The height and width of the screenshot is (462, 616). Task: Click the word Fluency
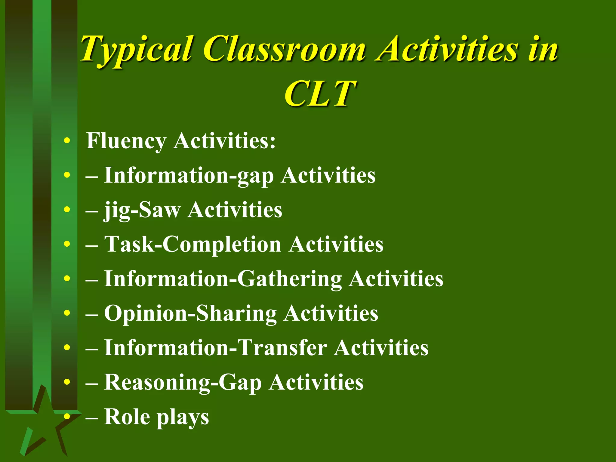pos(126,141)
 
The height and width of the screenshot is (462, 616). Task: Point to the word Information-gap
pos(189,175)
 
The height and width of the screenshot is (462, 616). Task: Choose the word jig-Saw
pos(142,210)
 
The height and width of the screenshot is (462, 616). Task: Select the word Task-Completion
pos(192,244)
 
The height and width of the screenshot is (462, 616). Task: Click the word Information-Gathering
pos(223,279)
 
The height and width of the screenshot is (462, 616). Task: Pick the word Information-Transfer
pos(215,348)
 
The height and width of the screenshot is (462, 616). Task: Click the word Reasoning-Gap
pos(183,382)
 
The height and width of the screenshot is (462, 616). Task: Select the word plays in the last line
pos(183,417)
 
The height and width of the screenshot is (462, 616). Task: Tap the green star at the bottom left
pos(45,421)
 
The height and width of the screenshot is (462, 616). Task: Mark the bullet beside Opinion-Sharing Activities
pos(67,313)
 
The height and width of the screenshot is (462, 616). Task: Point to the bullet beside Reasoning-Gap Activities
pos(67,382)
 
